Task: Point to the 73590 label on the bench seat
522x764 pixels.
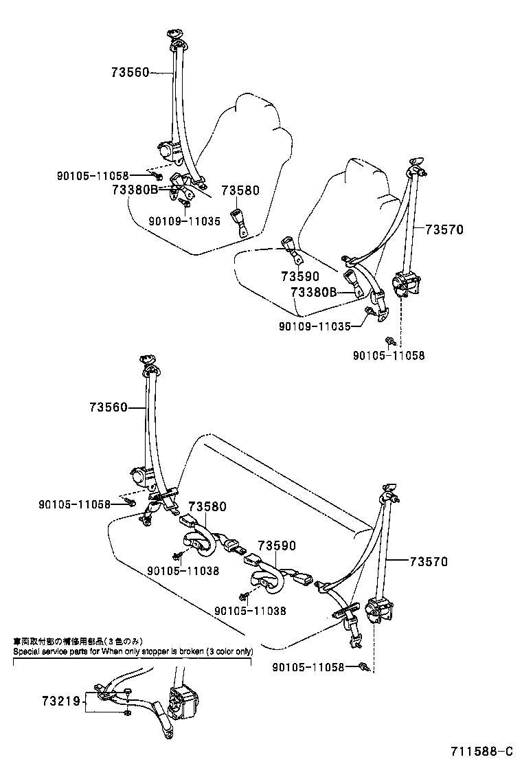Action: (x=277, y=546)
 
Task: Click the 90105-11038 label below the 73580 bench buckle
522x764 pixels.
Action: (x=183, y=570)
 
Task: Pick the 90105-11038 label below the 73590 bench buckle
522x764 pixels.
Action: (x=250, y=610)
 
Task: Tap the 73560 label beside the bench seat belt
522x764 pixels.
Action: (x=108, y=407)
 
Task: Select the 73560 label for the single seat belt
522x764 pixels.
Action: (x=130, y=71)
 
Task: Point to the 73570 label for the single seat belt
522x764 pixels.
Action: (x=444, y=230)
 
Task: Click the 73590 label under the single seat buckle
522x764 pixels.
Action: (x=300, y=276)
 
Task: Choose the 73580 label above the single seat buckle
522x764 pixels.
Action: (x=240, y=190)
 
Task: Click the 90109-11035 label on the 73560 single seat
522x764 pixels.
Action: (x=184, y=221)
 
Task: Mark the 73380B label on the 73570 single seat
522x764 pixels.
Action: (x=314, y=292)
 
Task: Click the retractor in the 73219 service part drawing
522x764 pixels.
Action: (x=184, y=702)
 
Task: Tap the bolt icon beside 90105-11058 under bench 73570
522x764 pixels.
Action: (x=364, y=666)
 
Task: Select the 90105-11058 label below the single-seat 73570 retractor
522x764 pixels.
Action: (x=389, y=355)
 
